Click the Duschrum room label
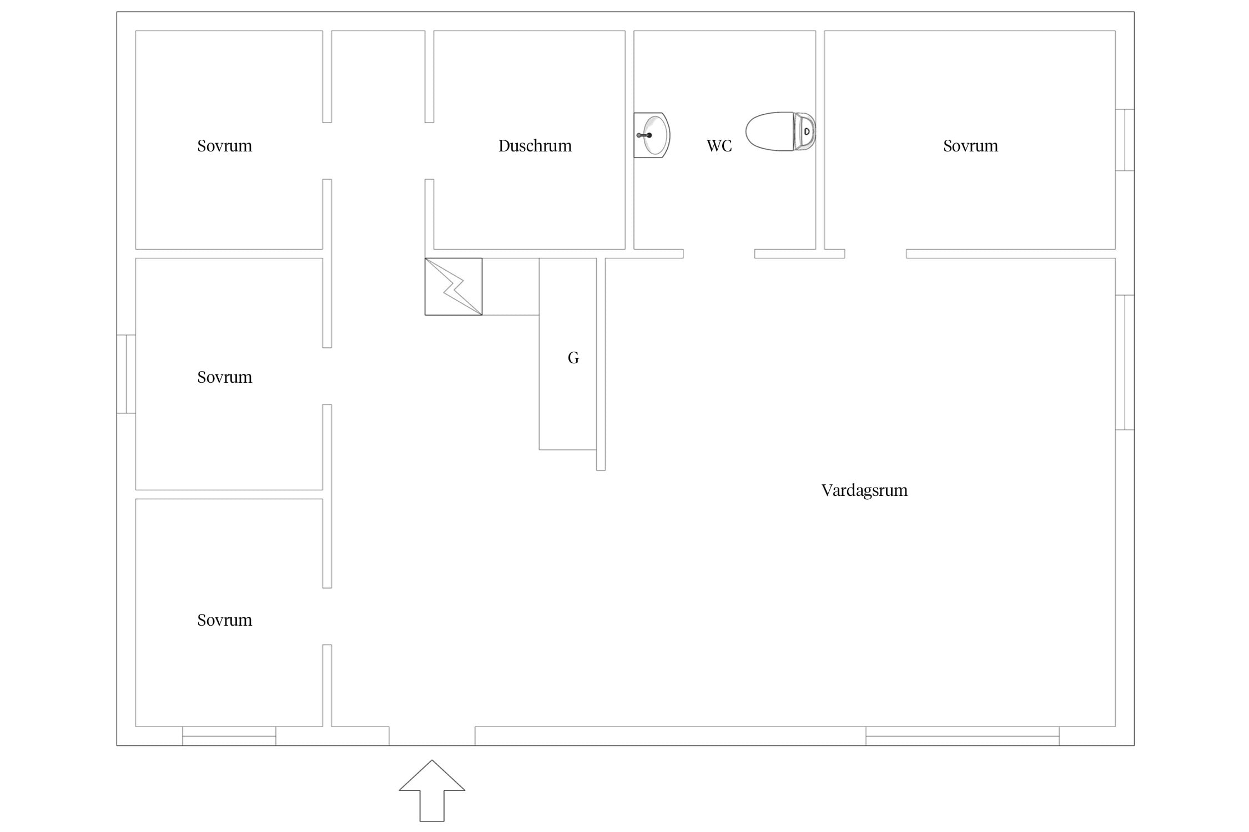coord(535,146)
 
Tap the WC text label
coord(719,146)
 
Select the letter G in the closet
coord(573,358)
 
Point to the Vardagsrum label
coord(864,490)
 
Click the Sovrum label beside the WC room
coord(970,146)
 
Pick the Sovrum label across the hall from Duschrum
coord(224,146)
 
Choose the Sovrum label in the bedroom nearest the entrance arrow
coord(224,620)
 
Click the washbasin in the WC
coord(652,135)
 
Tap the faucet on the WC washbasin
coord(644,135)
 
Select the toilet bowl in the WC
coord(769,131)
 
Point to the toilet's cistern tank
coord(805,131)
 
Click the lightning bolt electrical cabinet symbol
coord(454,287)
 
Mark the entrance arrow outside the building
coord(432,791)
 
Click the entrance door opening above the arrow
coord(432,736)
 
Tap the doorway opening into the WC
coord(719,254)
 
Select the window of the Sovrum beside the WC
coord(1125,140)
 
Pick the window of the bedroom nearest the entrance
coord(229,736)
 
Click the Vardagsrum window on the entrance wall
coord(963,736)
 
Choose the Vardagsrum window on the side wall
coord(1125,363)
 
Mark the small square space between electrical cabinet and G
coord(511,287)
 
